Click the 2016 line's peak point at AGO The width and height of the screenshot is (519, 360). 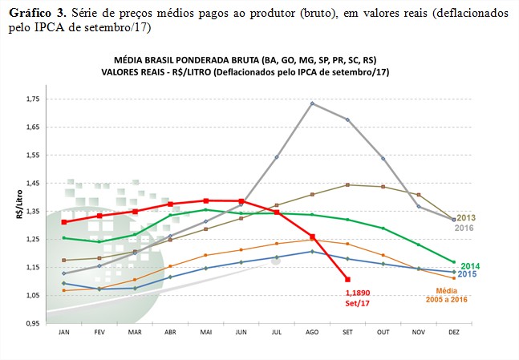point(311,103)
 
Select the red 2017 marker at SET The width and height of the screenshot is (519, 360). point(347,279)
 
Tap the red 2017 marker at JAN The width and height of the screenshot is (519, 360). point(63,222)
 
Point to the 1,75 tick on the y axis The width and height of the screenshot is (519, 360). point(33,99)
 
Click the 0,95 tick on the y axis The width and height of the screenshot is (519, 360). point(33,323)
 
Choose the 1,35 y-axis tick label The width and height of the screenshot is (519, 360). point(33,211)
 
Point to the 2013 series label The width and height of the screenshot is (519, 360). point(467,217)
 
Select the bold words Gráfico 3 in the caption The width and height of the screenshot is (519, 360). point(36,14)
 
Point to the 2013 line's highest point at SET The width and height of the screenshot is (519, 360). point(347,185)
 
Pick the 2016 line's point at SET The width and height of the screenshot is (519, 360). point(347,119)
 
